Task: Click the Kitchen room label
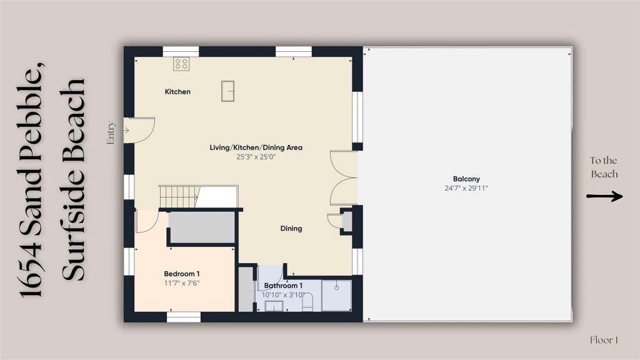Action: pyautogui.click(x=177, y=92)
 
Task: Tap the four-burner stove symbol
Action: pyautogui.click(x=181, y=64)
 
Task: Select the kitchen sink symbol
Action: pyautogui.click(x=227, y=91)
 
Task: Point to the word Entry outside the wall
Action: pyautogui.click(x=110, y=132)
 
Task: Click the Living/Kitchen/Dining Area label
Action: pyautogui.click(x=256, y=147)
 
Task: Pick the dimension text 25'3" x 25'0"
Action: pyautogui.click(x=256, y=157)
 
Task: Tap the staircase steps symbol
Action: pyautogui.click(x=179, y=197)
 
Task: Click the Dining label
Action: pyautogui.click(x=291, y=229)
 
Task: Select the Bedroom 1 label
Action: pyautogui.click(x=182, y=274)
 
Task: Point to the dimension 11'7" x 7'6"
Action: pyautogui.click(x=182, y=283)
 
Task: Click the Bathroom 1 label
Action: pyautogui.click(x=283, y=286)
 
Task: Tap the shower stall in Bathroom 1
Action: pyautogui.click(x=336, y=296)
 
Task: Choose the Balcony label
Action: pyautogui.click(x=466, y=179)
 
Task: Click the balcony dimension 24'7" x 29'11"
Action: pyautogui.click(x=466, y=188)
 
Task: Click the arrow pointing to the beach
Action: pyautogui.click(x=604, y=196)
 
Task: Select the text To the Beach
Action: pyautogui.click(x=604, y=167)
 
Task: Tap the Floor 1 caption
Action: pyautogui.click(x=604, y=340)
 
